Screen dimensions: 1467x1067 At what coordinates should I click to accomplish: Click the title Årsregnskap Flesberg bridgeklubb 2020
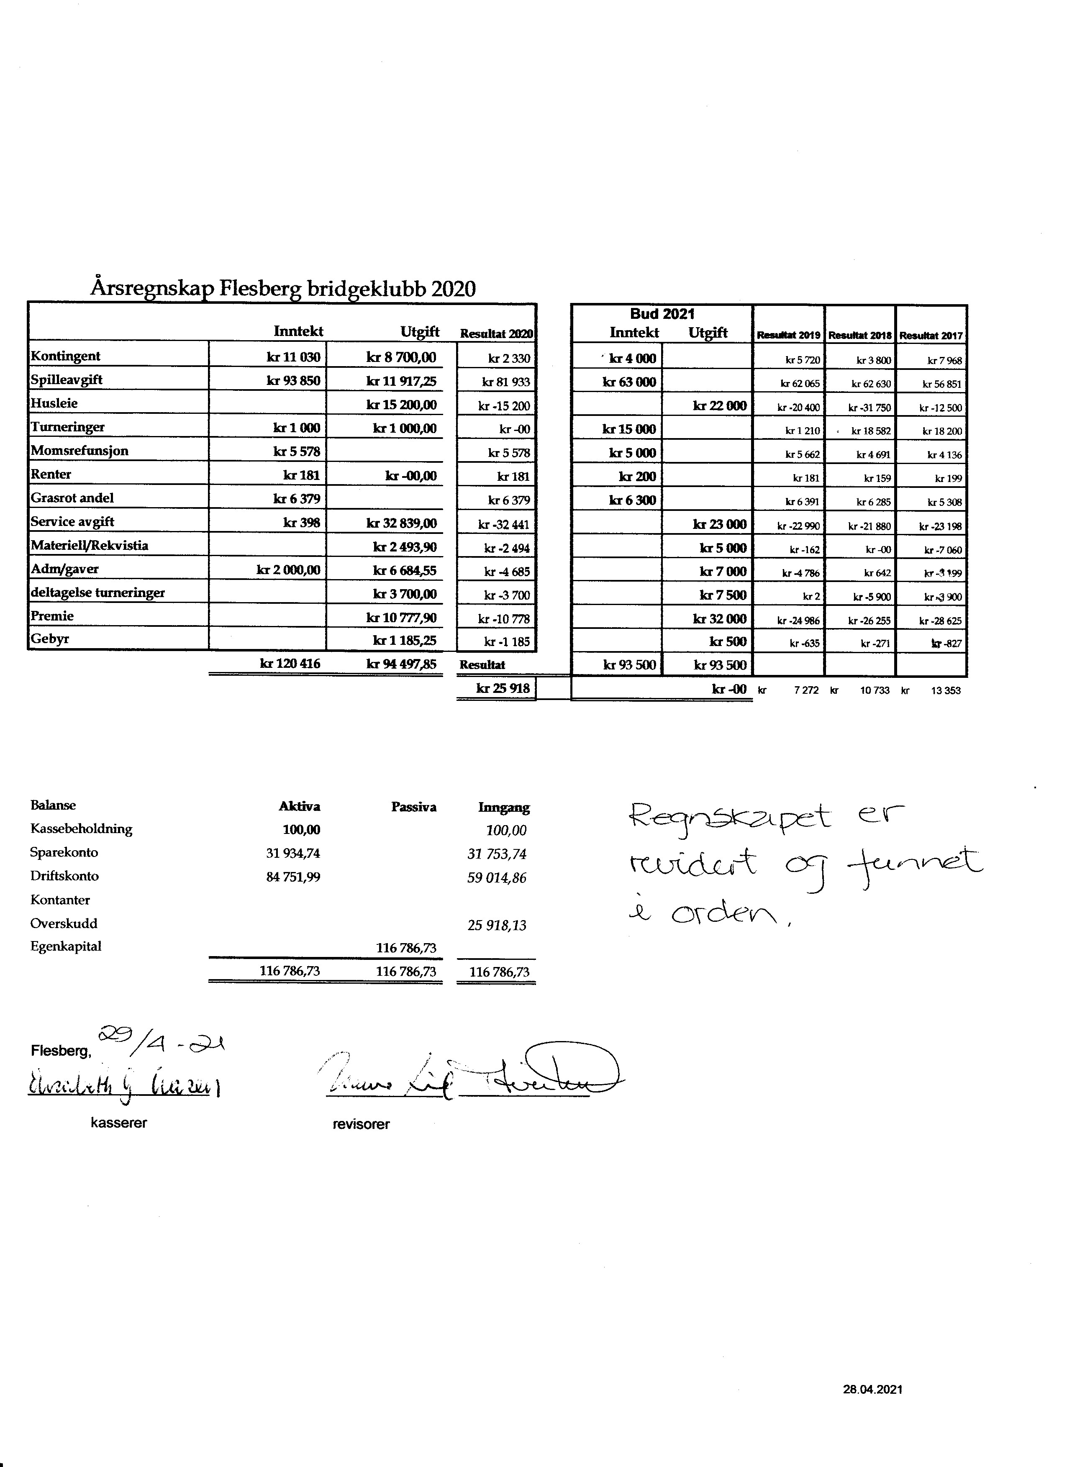282,288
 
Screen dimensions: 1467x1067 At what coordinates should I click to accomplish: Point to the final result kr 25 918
503,689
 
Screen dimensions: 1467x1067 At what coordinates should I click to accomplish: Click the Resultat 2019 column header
788,336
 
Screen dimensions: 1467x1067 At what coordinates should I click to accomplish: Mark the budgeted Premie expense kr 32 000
719,619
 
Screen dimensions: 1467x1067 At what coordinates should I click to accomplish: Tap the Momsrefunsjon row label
80,451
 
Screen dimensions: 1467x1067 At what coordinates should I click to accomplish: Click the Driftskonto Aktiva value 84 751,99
293,877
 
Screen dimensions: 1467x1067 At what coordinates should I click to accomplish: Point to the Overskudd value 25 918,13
497,926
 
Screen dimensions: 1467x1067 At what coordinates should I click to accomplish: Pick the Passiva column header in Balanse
413,807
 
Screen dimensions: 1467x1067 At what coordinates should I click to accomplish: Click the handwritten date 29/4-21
161,1041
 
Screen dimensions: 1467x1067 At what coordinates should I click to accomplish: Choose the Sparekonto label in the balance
64,852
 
